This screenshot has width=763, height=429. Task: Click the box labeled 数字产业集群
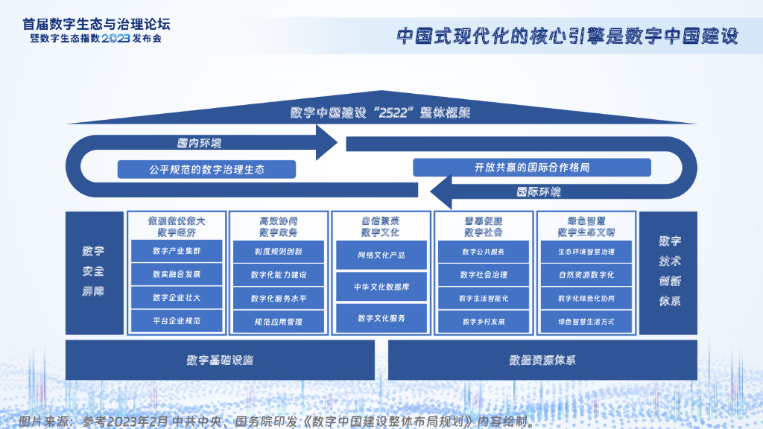pyautogui.click(x=177, y=251)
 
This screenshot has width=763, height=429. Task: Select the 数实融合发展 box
pyautogui.click(x=177, y=274)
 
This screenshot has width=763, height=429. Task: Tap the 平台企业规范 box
pyautogui.click(x=177, y=321)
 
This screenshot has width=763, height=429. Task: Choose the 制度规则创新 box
pyautogui.click(x=279, y=251)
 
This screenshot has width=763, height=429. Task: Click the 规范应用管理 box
pyautogui.click(x=279, y=322)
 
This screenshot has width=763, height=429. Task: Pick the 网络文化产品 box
pyautogui.click(x=381, y=255)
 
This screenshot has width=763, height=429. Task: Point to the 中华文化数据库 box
pyautogui.click(x=381, y=286)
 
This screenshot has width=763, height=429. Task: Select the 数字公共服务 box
pyautogui.click(x=484, y=251)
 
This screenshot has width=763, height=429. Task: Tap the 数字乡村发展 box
pyautogui.click(x=484, y=322)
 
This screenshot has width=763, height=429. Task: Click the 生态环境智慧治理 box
pyautogui.click(x=586, y=251)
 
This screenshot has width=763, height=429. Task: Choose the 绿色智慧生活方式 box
pyautogui.click(x=586, y=322)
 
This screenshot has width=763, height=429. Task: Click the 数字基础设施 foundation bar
pyautogui.click(x=221, y=360)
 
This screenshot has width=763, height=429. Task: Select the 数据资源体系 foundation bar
pyautogui.click(x=542, y=360)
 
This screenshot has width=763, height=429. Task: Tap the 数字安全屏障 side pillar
pyautogui.click(x=94, y=273)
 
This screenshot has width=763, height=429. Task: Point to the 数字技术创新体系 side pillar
pyautogui.click(x=668, y=273)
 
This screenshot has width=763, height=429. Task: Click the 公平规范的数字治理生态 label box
pyautogui.click(x=206, y=170)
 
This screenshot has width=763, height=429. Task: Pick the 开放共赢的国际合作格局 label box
pyautogui.click(x=532, y=168)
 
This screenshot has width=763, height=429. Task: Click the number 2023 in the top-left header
pyautogui.click(x=115, y=37)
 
